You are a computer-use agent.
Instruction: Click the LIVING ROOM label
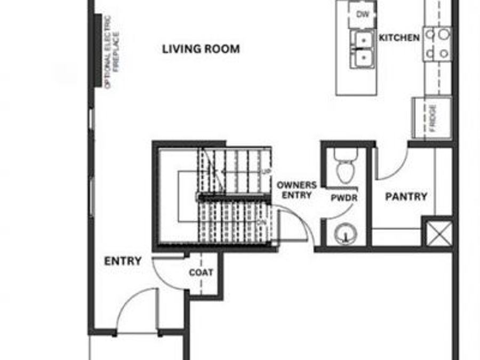point(201,49)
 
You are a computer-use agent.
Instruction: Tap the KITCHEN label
point(399,38)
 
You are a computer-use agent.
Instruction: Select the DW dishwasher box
point(362,14)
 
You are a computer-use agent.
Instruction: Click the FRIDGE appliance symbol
point(431,118)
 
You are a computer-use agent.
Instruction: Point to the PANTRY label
point(406,197)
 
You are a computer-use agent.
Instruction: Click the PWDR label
point(343,198)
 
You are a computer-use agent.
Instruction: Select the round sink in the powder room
point(344,233)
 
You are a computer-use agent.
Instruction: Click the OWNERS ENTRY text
point(297,190)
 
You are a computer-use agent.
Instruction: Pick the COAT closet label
point(201,273)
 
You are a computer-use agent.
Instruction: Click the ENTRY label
point(123,261)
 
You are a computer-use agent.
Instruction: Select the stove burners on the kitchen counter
point(438,43)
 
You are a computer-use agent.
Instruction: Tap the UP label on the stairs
point(265,171)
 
